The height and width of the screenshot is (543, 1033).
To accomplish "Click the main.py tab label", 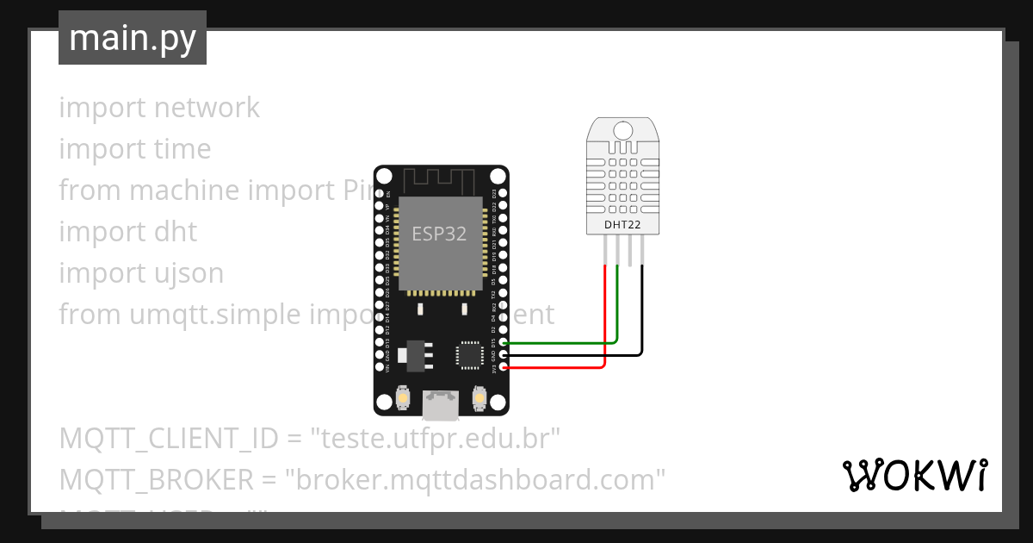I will click(x=132, y=38).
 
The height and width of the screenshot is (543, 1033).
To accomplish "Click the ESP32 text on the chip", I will click(x=439, y=234).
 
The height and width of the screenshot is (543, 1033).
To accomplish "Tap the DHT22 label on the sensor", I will click(x=622, y=225).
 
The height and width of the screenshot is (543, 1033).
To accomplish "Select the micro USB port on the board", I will click(x=441, y=401).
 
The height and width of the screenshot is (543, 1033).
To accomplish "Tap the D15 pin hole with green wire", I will click(x=503, y=343).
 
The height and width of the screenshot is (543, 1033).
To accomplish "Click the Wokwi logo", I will click(x=914, y=476).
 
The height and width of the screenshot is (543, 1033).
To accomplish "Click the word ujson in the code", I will click(x=187, y=273).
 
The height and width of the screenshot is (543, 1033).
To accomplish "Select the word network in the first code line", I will click(x=207, y=108).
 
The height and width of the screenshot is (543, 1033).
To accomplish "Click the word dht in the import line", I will click(x=176, y=232).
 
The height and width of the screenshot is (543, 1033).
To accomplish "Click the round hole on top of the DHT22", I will click(x=622, y=131).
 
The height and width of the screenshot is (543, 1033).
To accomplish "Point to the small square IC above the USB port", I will click(x=470, y=354).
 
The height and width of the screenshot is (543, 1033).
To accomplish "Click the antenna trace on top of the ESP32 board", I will click(x=440, y=179).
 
